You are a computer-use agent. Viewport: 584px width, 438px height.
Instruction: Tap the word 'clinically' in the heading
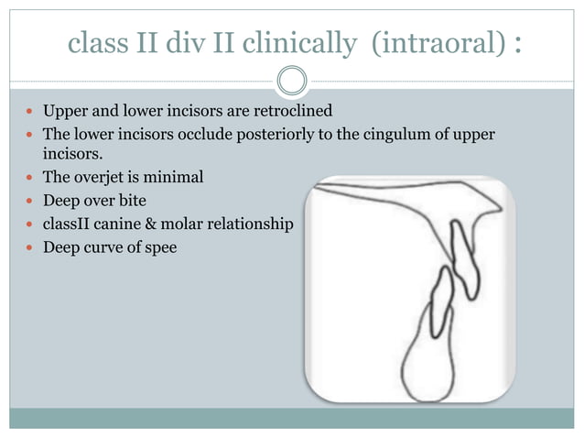click(x=303, y=43)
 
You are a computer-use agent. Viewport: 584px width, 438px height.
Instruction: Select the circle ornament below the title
click(x=292, y=81)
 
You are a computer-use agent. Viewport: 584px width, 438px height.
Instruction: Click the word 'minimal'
click(x=177, y=177)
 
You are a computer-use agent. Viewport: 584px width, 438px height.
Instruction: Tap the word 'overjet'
click(x=98, y=177)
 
